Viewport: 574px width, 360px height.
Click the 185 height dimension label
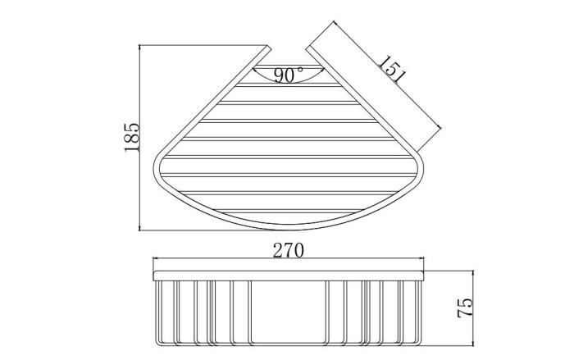point(132,137)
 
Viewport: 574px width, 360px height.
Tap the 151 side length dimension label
point(392,70)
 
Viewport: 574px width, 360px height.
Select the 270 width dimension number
point(288,250)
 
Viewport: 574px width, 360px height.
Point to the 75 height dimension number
point(465,308)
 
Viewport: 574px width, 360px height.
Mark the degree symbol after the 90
point(300,69)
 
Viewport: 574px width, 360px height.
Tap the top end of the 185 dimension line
point(140,45)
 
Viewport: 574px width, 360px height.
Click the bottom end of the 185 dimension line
point(140,230)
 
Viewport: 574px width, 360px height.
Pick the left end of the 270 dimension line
point(153,258)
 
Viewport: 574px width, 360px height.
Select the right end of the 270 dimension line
point(424,258)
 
